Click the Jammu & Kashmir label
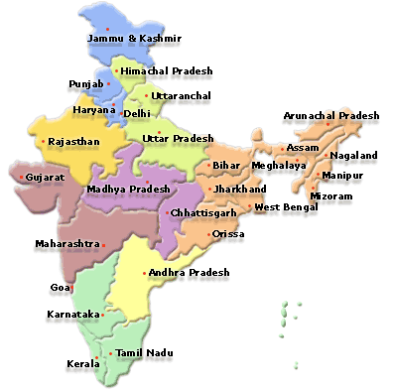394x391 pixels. pyautogui.click(x=134, y=39)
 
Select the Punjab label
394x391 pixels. pyautogui.click(x=85, y=84)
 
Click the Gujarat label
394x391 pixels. pyautogui.click(x=46, y=177)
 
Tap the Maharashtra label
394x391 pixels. pyautogui.click(x=67, y=243)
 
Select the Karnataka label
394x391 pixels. pyautogui.click(x=73, y=315)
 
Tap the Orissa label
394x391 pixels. pyautogui.click(x=228, y=234)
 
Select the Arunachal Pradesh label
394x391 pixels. pyautogui.click(x=331, y=116)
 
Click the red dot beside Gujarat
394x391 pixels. pyautogui.click(x=23, y=177)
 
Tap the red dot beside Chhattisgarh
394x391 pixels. pyautogui.click(x=167, y=212)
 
